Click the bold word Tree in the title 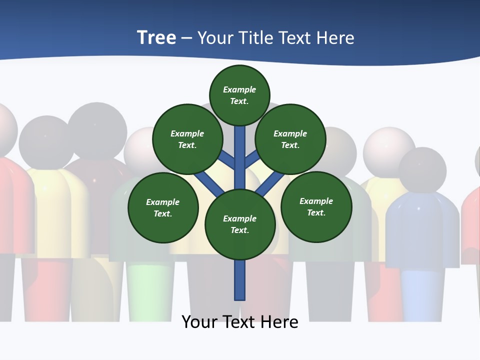click(x=156, y=38)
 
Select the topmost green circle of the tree click(x=239, y=95)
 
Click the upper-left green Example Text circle click(x=187, y=139)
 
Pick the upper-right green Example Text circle click(x=290, y=139)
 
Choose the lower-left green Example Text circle click(x=163, y=207)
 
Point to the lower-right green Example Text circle click(x=316, y=206)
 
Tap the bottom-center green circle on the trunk click(x=240, y=224)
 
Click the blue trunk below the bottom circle click(x=240, y=280)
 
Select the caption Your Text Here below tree click(x=240, y=321)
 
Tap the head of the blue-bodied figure click(x=422, y=170)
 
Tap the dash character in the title click(x=186, y=38)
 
